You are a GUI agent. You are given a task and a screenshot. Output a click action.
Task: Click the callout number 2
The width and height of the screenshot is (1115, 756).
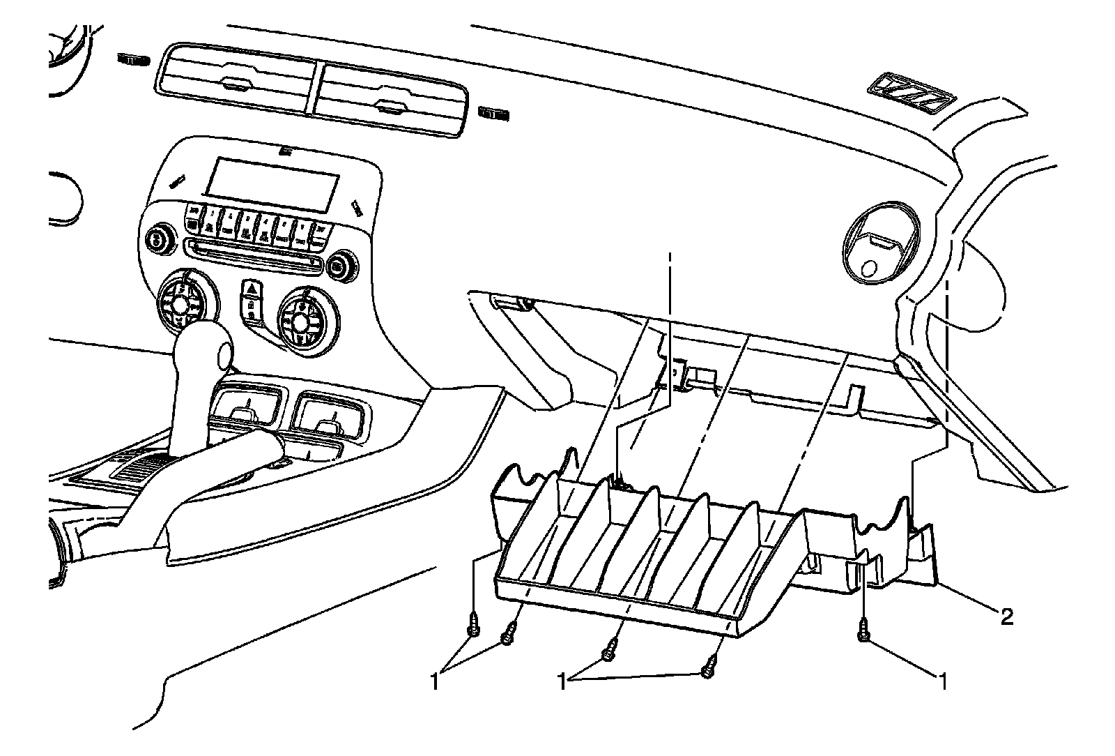point(1006,617)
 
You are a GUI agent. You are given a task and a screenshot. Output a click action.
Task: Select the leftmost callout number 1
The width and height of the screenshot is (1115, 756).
point(434,681)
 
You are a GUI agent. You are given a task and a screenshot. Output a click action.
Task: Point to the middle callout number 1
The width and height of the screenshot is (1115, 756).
point(562,679)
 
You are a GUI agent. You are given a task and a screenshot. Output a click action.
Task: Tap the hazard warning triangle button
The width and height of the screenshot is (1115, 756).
point(251,289)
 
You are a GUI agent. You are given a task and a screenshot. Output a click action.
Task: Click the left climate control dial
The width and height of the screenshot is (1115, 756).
point(180,303)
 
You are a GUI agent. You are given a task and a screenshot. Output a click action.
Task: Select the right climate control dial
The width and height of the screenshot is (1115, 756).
point(300,320)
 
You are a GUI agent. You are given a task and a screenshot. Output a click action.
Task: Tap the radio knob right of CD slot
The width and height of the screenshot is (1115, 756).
point(339,266)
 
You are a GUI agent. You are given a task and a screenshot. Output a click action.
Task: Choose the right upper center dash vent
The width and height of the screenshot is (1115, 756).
point(387,97)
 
